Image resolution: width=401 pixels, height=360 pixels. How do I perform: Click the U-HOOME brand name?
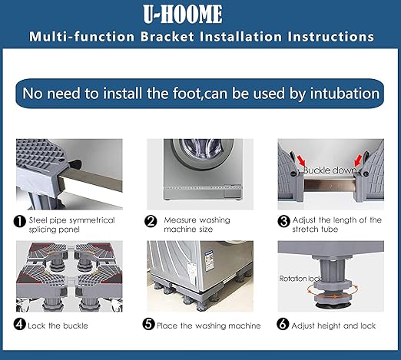183,14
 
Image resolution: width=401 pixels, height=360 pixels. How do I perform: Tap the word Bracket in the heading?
167,37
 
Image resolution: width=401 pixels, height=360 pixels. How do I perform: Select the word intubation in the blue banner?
345,93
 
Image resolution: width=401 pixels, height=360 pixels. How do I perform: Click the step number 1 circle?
20,221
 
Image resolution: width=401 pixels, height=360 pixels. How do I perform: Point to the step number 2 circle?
151,221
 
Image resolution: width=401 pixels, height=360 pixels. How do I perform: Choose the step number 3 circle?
283,221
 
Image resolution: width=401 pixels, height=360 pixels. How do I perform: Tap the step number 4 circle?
20,325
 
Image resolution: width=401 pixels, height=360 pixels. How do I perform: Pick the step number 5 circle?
148,325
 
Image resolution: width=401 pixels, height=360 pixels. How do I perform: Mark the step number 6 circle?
283,325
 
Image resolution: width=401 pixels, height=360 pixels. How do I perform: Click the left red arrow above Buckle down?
302,160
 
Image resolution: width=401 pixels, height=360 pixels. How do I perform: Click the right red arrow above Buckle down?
358,160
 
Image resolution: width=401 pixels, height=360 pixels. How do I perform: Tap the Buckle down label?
330,170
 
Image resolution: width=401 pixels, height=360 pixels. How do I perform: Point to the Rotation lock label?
300,279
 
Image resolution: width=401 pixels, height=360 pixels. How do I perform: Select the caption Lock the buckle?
58,325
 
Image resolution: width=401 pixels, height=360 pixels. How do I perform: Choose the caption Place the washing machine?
209,325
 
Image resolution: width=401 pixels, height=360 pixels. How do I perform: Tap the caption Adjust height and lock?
333,325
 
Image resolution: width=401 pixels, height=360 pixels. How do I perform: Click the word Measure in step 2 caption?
181,220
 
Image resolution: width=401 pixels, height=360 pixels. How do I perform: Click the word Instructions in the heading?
330,37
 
